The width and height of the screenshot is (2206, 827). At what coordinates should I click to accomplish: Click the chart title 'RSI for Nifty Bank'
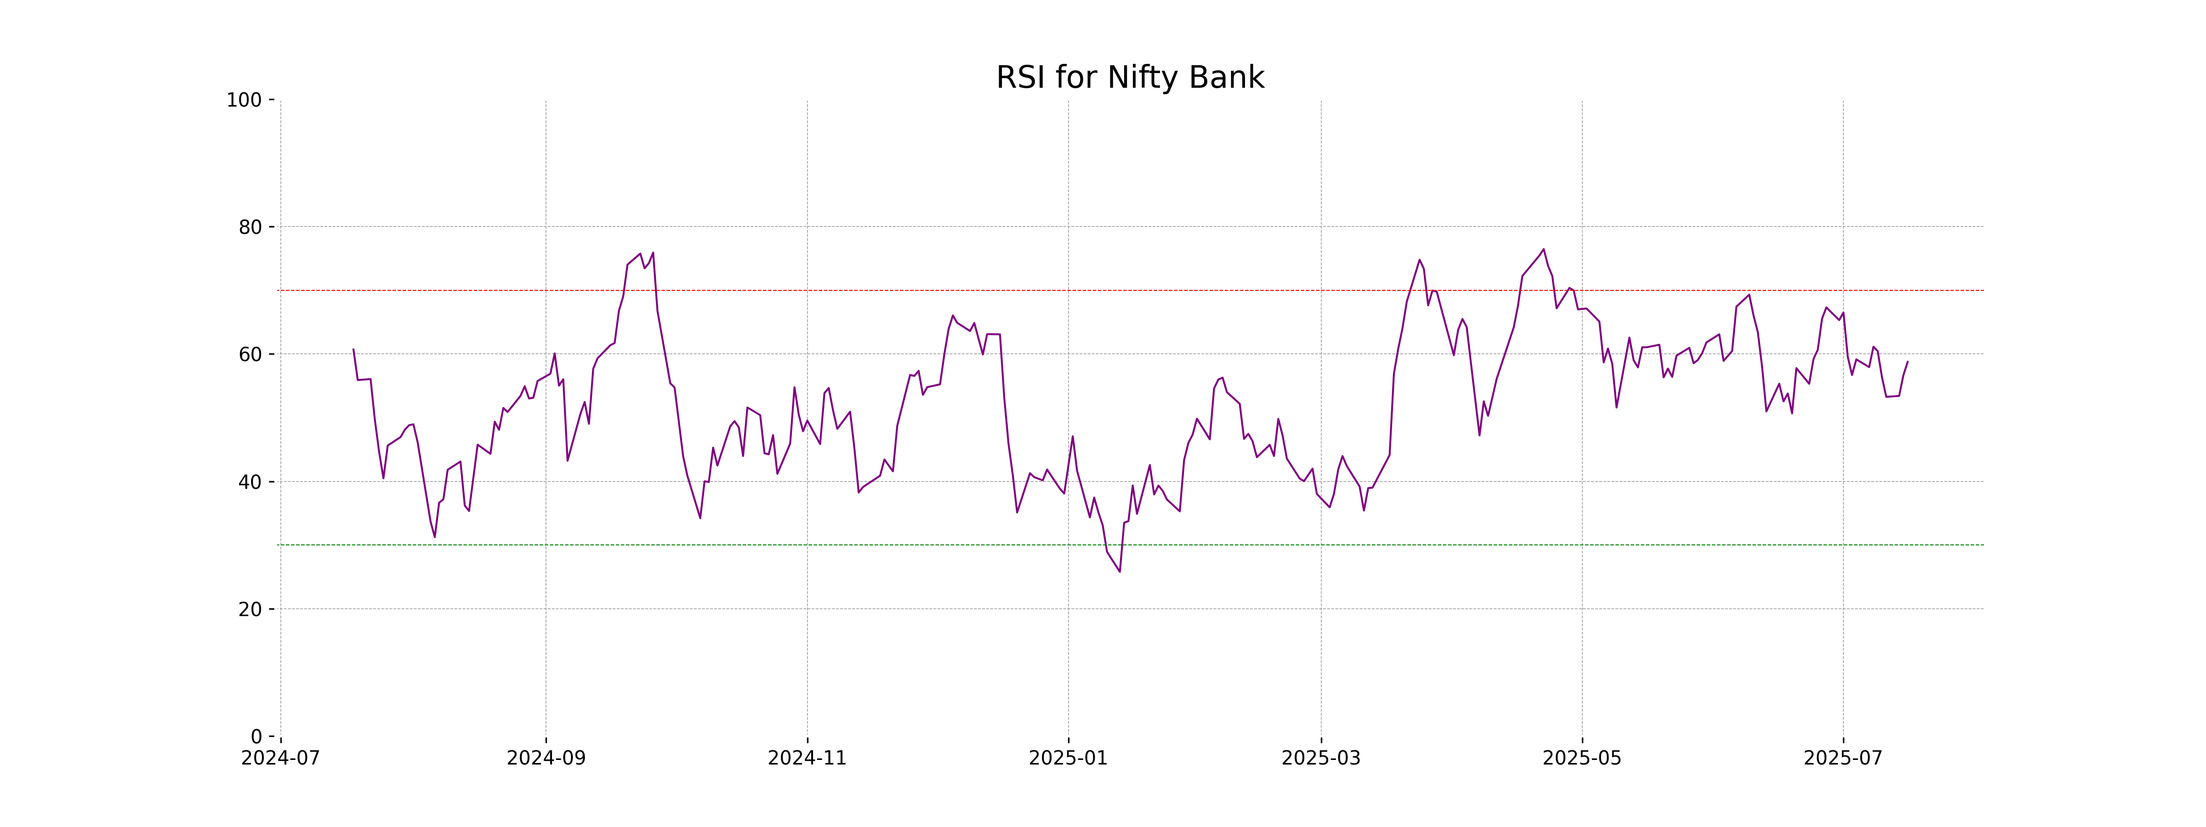pyautogui.click(x=1130, y=78)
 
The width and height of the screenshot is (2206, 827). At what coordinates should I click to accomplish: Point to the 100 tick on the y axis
pyautogui.click(x=244, y=100)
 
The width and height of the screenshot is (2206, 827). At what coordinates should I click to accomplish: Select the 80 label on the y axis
pyautogui.click(x=250, y=228)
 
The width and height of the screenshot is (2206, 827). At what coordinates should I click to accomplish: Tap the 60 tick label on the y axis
pyautogui.click(x=250, y=354)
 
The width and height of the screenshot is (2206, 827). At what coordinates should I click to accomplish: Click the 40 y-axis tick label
pyautogui.click(x=250, y=482)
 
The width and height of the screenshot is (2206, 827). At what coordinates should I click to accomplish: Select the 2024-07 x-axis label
pyautogui.click(x=281, y=759)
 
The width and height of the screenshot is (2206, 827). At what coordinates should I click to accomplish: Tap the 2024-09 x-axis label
pyautogui.click(x=546, y=759)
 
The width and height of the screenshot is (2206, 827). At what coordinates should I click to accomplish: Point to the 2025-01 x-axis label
pyautogui.click(x=1068, y=759)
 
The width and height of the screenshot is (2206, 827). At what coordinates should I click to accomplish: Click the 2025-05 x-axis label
pyautogui.click(x=1582, y=759)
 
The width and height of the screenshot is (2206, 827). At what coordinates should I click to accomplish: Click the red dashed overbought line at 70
pyautogui.click(x=856, y=290)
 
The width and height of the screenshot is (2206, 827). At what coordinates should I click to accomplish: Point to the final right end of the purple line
pyautogui.click(x=1907, y=361)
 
